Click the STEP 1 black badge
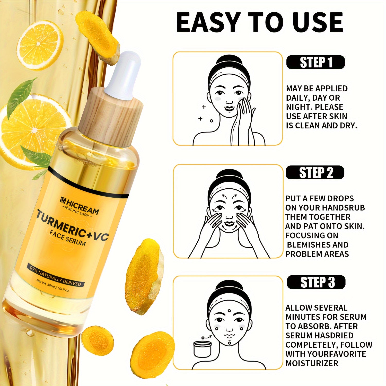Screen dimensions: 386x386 click(x=315, y=62)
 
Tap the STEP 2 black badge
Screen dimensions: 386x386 click(x=315, y=172)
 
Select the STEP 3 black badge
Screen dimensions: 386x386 click(x=316, y=282)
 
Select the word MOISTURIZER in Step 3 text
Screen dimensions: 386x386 click(x=312, y=363)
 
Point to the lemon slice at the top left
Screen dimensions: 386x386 click(x=40, y=45)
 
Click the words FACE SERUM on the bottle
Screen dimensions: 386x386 click(x=67, y=238)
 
